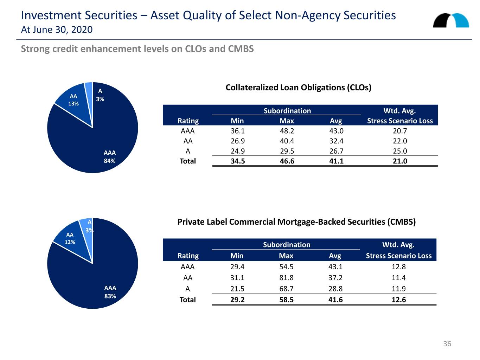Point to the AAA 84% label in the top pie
tap(110, 157)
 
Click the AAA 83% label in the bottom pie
tap(110, 292)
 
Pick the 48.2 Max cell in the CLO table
tap(287, 131)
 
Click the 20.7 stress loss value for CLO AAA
tap(400, 131)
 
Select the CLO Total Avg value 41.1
tap(336, 161)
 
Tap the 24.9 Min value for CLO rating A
tap(238, 151)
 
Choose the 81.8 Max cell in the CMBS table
tap(286, 278)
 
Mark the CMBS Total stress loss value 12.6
tap(399, 300)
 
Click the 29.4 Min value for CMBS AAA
tap(237, 267)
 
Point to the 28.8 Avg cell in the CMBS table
tap(335, 289)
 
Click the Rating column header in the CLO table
tap(188, 121)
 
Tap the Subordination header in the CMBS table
tap(287, 245)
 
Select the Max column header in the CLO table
tap(287, 121)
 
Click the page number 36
tap(447, 344)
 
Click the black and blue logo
tap(451, 20)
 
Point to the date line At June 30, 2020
tap(57, 30)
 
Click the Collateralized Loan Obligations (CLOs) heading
tap(299, 88)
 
